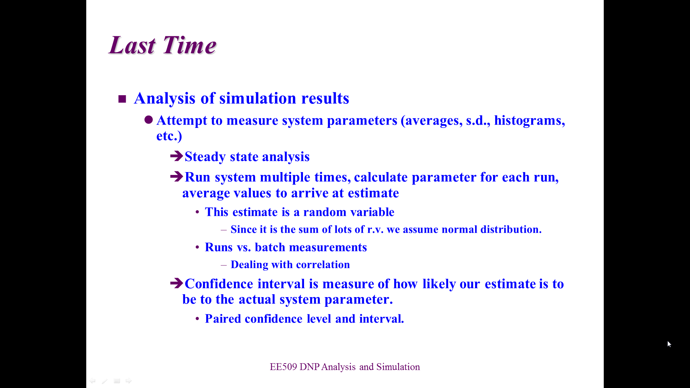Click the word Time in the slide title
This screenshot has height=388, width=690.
(190, 45)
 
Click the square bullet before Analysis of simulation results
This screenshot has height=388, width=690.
(122, 99)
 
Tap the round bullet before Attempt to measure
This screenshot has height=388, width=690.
(149, 120)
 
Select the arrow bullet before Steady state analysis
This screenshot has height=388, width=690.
(177, 156)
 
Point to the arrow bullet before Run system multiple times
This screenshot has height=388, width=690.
(177, 176)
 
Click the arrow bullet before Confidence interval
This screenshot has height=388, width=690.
(177, 283)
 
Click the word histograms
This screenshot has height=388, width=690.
(530, 120)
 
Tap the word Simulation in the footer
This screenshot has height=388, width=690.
(398, 367)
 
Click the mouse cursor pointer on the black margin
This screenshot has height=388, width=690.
(669, 344)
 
